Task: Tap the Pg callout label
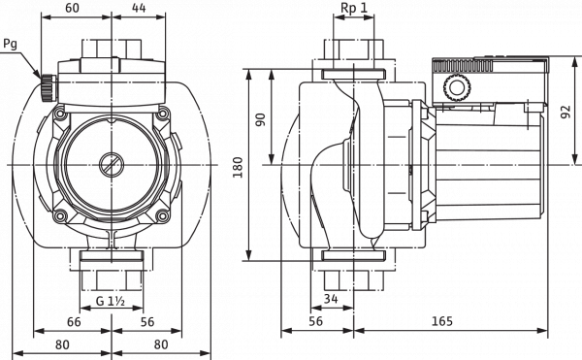click(11, 46)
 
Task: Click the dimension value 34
click(332, 298)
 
